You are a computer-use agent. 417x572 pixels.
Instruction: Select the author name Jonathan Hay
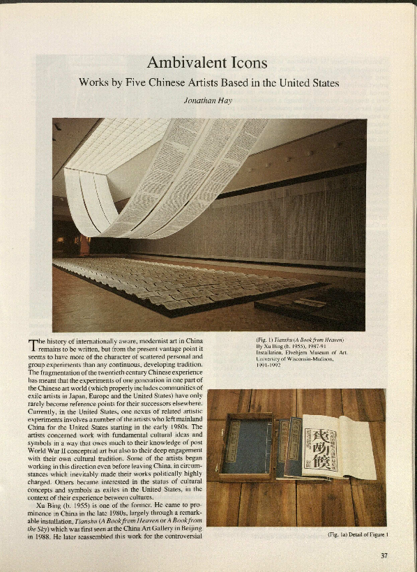208,99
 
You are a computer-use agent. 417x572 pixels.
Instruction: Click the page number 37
384,555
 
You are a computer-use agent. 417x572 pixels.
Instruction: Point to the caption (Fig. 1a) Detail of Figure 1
357,535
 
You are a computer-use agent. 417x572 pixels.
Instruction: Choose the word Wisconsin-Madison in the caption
293,359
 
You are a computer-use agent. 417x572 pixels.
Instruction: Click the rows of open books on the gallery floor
181,283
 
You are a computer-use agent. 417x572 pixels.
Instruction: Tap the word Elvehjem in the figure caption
303,352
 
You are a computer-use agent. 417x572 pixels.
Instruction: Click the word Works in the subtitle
94,82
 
